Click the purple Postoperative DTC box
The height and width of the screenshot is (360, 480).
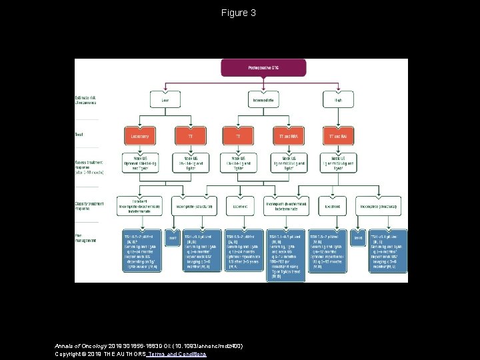(x=263, y=67)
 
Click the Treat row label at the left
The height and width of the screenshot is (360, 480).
(x=79, y=135)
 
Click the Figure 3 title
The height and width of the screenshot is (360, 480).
(x=239, y=13)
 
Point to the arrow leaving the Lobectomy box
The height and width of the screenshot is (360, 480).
(x=139, y=150)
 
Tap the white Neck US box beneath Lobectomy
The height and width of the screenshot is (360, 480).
(x=139, y=164)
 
